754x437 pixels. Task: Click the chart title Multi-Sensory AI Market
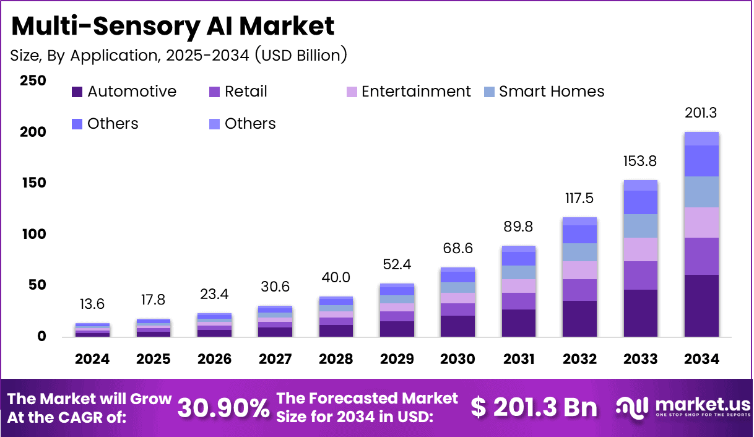pyautogui.click(x=173, y=27)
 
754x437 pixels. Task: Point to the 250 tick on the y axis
pyautogui.click(x=33, y=81)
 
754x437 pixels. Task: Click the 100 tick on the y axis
pyautogui.click(x=33, y=235)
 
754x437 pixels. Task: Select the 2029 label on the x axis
pyautogui.click(x=397, y=360)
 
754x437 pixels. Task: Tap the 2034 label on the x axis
pyautogui.click(x=701, y=360)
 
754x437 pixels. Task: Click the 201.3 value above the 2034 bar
pyautogui.click(x=701, y=113)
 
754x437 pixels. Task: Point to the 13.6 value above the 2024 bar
pyautogui.click(x=92, y=304)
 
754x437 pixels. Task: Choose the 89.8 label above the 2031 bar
pyautogui.click(x=519, y=227)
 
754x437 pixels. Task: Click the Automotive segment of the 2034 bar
pyautogui.click(x=701, y=306)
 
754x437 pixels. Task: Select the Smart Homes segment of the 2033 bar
pyautogui.click(x=640, y=226)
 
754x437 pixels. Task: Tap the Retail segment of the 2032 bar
pyautogui.click(x=579, y=290)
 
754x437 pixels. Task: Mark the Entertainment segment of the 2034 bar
pyautogui.click(x=701, y=222)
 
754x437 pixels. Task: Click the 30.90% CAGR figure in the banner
pyautogui.click(x=223, y=408)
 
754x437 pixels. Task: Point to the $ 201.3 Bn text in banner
pyautogui.click(x=534, y=407)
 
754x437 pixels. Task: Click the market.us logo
pyautogui.click(x=683, y=407)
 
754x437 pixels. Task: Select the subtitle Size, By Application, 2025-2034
pyautogui.click(x=178, y=55)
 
